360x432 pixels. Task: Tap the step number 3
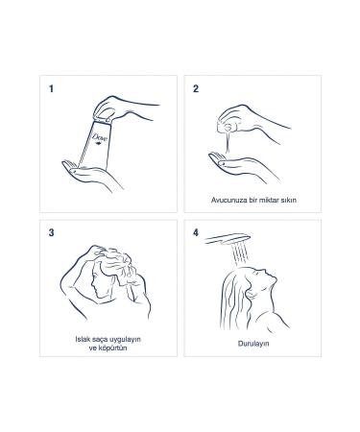point(50,232)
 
